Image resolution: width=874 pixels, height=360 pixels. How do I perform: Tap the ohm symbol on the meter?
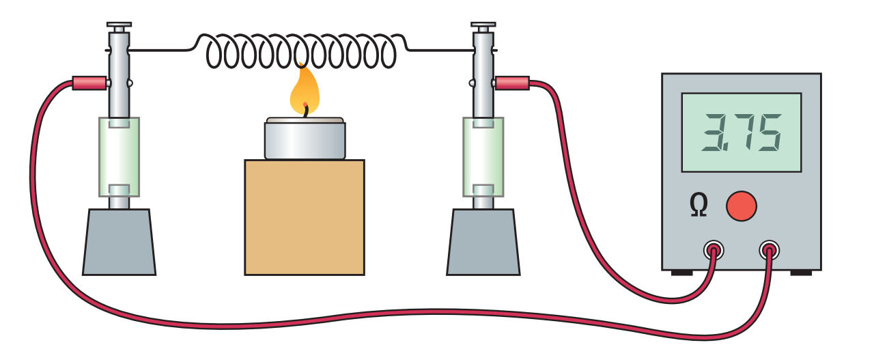(698, 205)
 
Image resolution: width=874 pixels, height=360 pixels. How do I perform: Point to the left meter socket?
(714, 250)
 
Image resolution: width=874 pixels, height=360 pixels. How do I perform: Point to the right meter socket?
(769, 250)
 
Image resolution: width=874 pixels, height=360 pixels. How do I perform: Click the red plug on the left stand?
(89, 83)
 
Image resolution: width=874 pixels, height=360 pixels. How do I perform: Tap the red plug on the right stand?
(513, 83)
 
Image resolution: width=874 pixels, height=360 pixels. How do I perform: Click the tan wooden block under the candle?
(305, 217)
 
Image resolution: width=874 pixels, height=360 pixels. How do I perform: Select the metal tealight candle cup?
(305, 139)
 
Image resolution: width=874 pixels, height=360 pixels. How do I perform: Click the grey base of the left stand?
(119, 242)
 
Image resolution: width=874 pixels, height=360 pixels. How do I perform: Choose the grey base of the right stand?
(483, 242)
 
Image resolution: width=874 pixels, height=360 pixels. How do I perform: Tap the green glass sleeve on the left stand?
(119, 156)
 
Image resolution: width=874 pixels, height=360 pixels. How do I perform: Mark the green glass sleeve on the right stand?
(483, 156)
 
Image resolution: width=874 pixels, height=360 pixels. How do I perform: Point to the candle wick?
(305, 110)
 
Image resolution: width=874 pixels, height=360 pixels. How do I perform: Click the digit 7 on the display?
(741, 133)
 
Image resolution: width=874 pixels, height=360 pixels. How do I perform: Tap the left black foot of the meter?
(681, 273)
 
